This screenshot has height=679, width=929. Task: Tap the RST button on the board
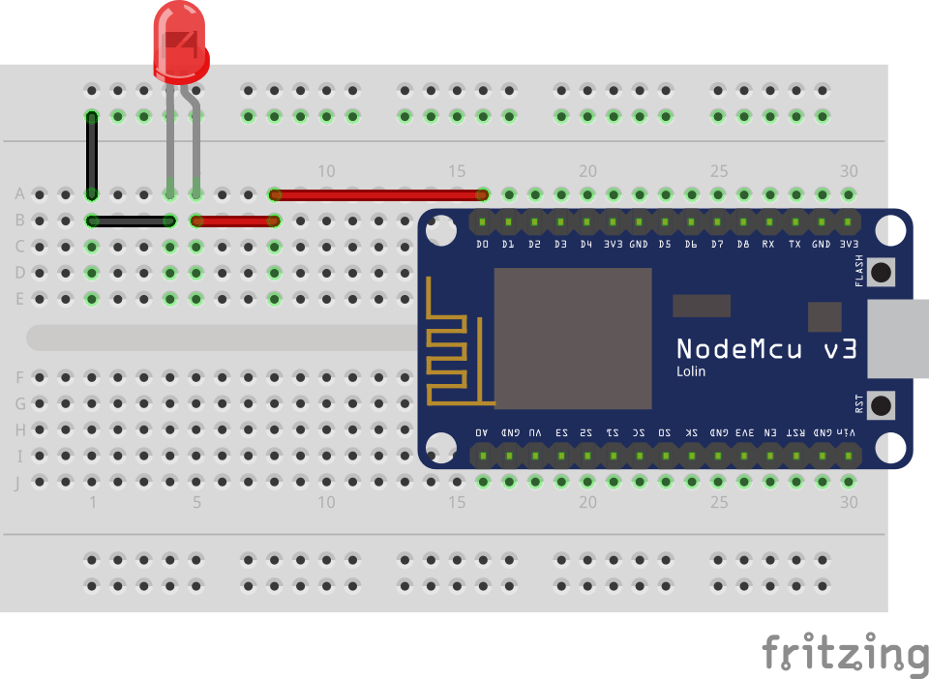coord(881,404)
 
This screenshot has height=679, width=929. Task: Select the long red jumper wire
coord(378,194)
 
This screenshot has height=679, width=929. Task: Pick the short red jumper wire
coord(235,221)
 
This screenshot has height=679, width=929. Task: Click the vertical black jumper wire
coord(92,155)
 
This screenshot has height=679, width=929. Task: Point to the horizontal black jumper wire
coord(131,221)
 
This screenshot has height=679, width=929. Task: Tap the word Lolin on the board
coord(691,371)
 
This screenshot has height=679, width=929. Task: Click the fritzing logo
coord(844,654)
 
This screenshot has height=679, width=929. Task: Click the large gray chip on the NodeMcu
coord(572,338)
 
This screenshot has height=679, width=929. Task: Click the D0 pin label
coord(483,245)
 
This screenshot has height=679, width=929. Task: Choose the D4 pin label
coord(586,245)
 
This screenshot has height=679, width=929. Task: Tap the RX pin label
coord(768,245)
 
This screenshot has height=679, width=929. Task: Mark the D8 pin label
coord(742,245)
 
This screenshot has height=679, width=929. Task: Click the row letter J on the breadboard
coord(18,482)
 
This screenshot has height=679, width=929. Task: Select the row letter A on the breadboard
coord(18,194)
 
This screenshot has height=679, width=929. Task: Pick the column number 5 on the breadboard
coord(196,502)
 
